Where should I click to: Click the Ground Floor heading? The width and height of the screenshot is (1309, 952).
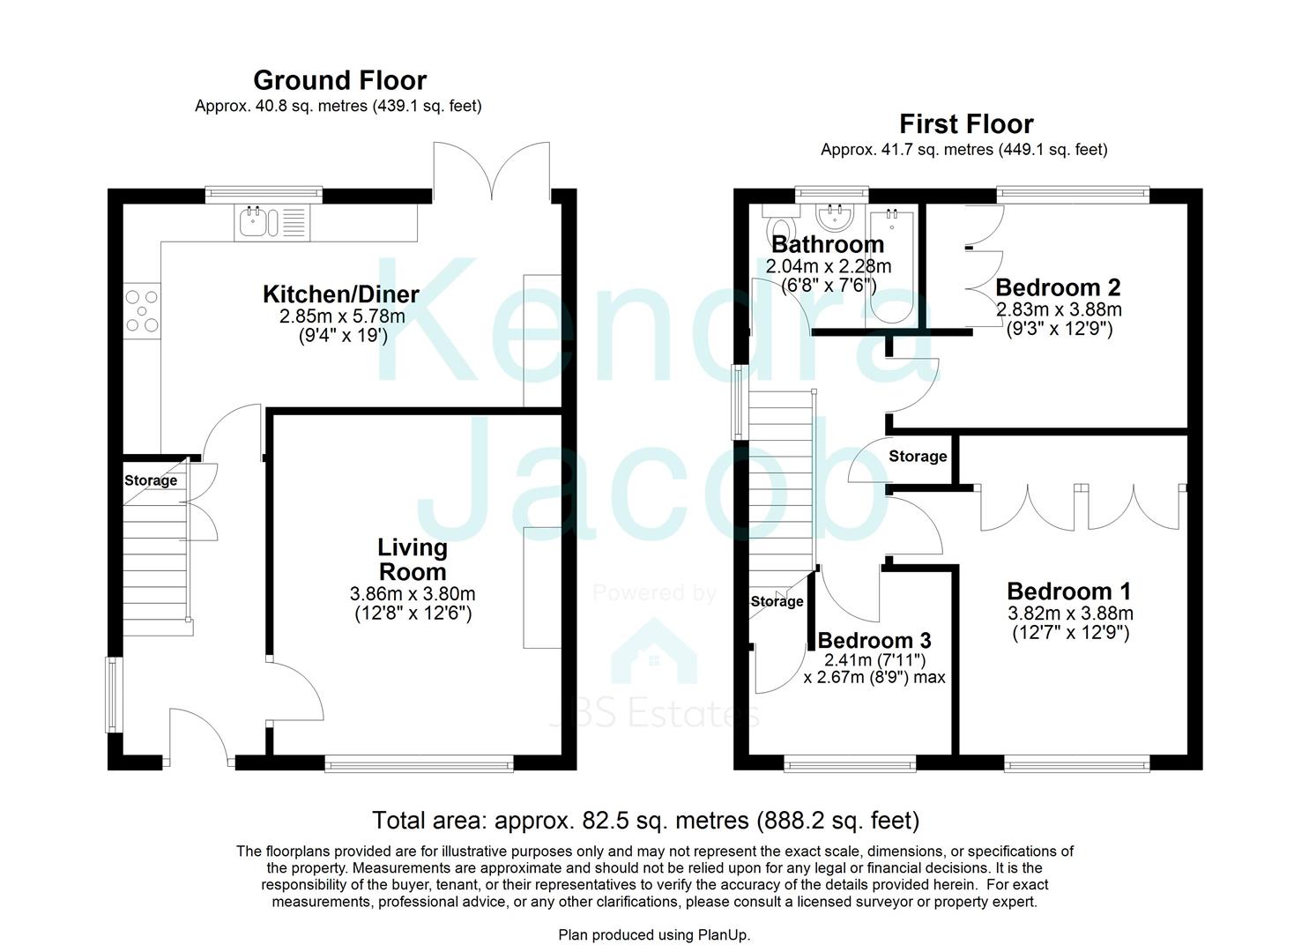click(x=339, y=80)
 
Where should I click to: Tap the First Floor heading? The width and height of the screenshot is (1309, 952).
click(x=966, y=124)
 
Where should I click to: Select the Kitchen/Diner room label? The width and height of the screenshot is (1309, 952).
click(x=341, y=294)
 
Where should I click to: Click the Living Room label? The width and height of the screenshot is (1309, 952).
click(x=413, y=559)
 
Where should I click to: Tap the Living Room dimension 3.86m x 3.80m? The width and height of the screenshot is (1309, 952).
click(x=413, y=594)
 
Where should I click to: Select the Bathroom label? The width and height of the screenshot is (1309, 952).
click(x=828, y=244)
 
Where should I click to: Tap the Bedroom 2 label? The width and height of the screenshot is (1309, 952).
click(x=1058, y=287)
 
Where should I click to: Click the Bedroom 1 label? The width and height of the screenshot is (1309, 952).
click(x=1069, y=591)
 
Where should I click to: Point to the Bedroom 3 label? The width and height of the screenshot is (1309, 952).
click(x=874, y=641)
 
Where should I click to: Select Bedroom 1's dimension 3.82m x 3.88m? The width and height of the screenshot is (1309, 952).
click(x=1071, y=614)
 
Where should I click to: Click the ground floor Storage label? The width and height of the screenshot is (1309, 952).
click(x=151, y=480)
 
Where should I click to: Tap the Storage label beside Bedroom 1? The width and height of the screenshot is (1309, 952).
click(x=918, y=457)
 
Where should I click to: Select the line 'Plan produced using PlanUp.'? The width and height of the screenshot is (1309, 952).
click(x=654, y=935)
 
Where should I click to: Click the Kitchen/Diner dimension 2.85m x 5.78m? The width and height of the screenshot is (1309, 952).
click(x=342, y=316)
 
